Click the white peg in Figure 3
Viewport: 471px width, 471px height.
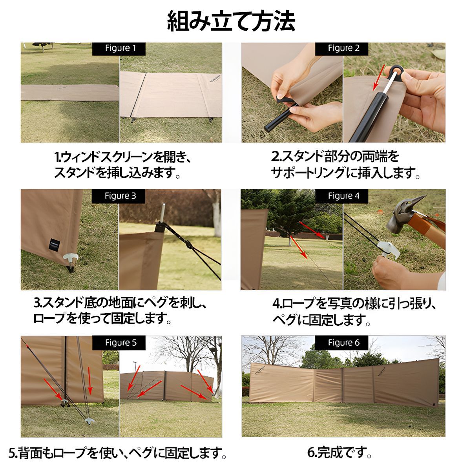tap(71, 257)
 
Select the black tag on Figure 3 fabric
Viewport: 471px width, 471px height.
tap(54, 244)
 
